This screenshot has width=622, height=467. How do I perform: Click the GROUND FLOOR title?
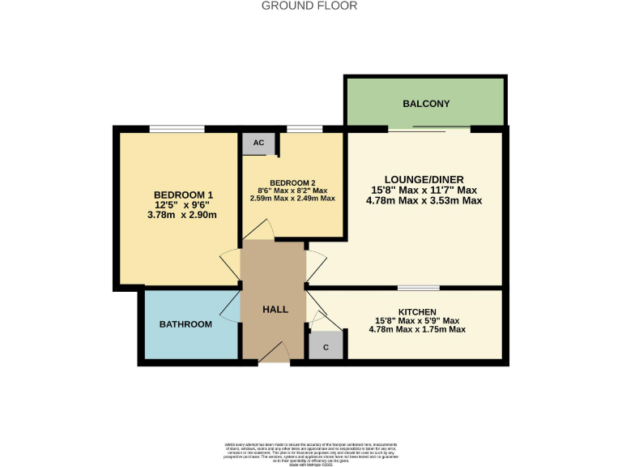coord(311,6)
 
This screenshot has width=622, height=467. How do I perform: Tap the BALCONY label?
coord(426,104)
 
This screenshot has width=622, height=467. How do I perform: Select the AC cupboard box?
coord(258,143)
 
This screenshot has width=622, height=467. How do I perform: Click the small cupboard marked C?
coord(326,346)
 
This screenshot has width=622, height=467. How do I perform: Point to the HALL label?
coord(275,310)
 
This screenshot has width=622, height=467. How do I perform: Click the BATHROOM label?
coord(185,324)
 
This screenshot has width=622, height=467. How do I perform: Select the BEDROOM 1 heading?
coord(183,195)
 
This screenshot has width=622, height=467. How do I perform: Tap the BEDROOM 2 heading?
coord(292,182)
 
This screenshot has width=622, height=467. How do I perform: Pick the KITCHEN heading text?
coord(417,312)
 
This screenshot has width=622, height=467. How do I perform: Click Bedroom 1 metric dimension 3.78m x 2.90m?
coord(183,215)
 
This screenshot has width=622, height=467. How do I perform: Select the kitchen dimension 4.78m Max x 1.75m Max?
coord(417,329)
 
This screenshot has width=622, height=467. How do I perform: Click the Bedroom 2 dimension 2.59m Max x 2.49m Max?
coord(292,198)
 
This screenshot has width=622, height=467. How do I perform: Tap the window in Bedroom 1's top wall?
coord(177,128)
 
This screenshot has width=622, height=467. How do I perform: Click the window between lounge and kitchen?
coord(419,288)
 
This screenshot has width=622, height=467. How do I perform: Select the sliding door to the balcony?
coord(429,128)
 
